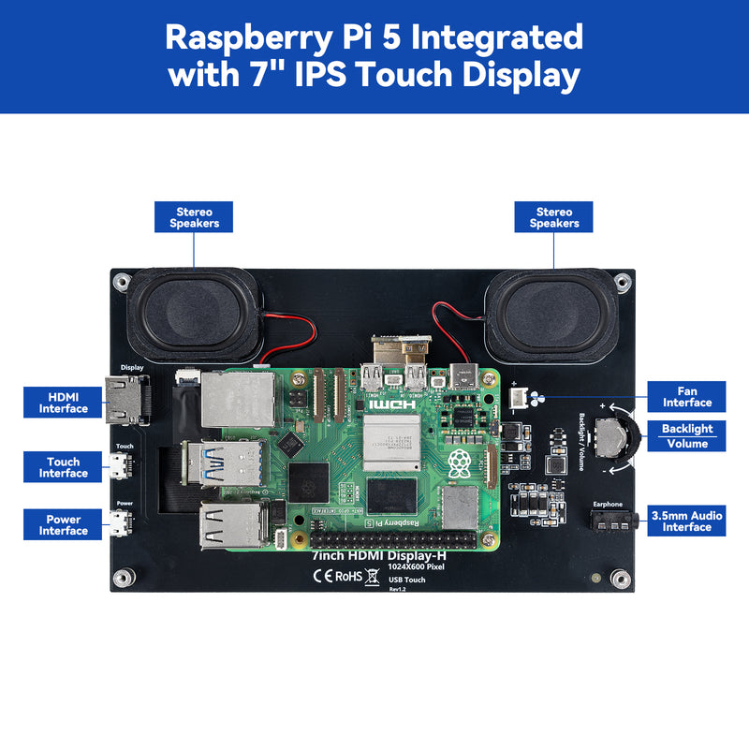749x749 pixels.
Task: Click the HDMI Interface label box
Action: click(64, 403)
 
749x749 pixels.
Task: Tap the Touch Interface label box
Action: click(64, 467)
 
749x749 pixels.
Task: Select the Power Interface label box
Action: click(64, 525)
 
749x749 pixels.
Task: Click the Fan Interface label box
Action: click(687, 397)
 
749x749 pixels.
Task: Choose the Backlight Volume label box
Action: click(687, 436)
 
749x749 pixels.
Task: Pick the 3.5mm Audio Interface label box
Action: click(687, 521)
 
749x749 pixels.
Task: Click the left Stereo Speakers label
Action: click(194, 218)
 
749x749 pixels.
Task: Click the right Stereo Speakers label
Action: click(554, 218)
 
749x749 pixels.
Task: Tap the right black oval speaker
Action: click(552, 316)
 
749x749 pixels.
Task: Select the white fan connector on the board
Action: click(517, 397)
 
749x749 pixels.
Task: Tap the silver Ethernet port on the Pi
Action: click(238, 396)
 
